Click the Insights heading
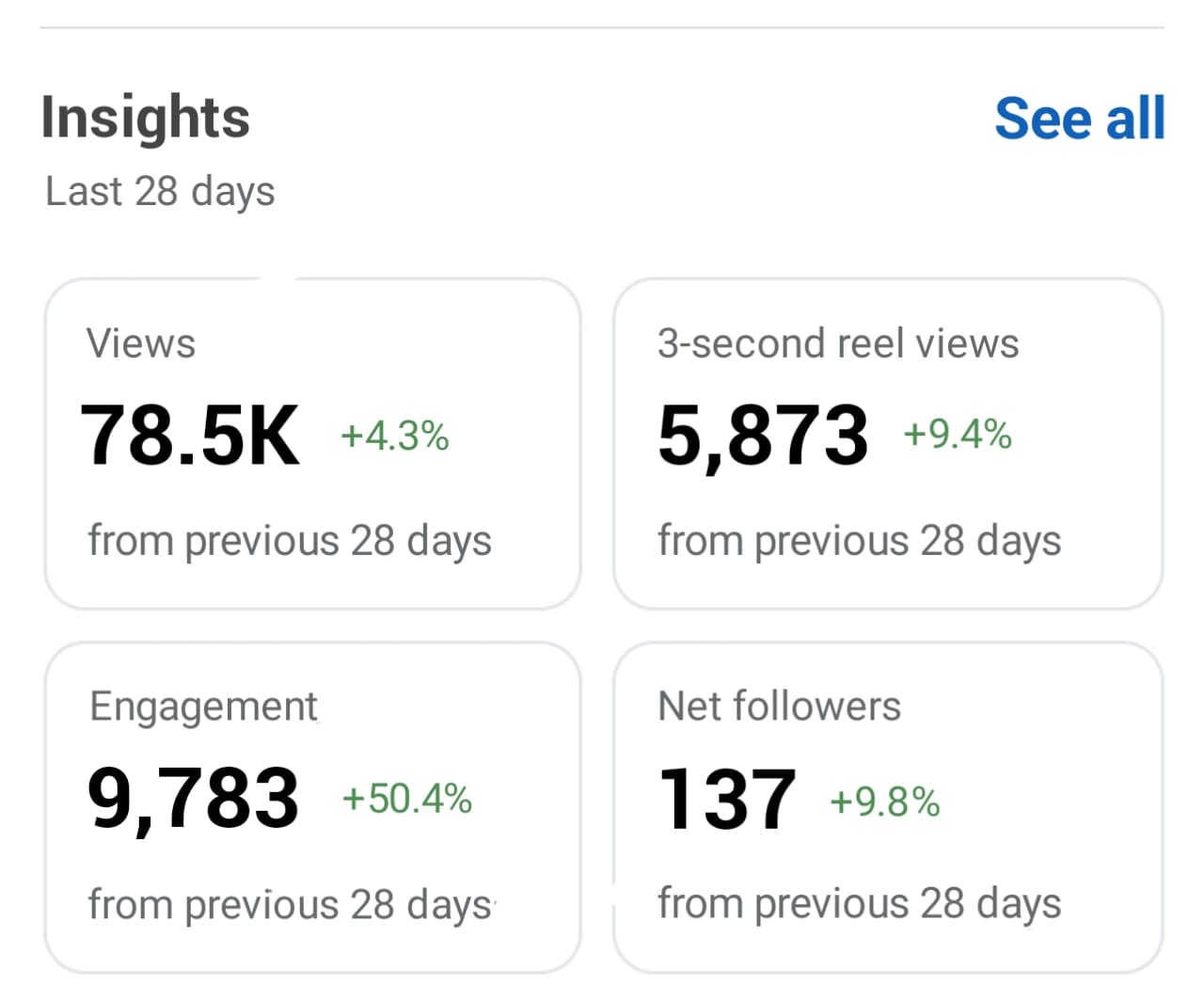click(146, 119)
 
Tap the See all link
click(1079, 119)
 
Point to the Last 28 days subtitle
click(160, 192)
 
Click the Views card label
click(141, 343)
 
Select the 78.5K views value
click(190, 435)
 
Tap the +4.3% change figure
click(395, 437)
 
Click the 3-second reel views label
click(838, 343)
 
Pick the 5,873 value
click(763, 435)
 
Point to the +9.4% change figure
click(958, 435)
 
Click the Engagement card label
click(203, 707)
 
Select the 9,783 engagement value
click(193, 798)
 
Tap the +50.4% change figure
click(407, 799)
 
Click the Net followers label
click(779, 707)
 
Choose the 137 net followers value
click(727, 799)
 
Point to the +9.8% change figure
click(885, 802)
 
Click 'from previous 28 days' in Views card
click(290, 542)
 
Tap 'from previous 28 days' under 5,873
click(859, 542)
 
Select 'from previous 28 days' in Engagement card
click(290, 905)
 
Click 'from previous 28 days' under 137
click(859, 904)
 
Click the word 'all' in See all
click(1135, 119)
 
